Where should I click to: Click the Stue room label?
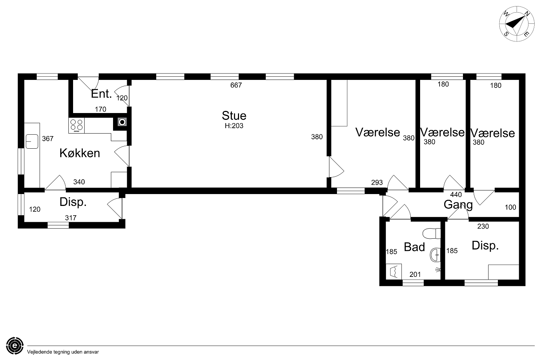point(234,116)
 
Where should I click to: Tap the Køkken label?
point(80,153)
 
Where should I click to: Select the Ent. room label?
point(101,94)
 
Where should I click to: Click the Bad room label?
point(414,247)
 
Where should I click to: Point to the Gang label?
point(458,205)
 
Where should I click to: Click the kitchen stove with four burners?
point(76,125)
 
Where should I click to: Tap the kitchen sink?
point(32,141)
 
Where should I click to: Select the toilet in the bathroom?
point(432,233)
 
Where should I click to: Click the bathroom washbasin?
point(435,255)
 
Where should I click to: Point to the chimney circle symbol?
point(122,122)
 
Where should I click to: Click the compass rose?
point(513,24)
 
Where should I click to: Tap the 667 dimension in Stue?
point(236,85)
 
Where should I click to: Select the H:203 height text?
point(234,126)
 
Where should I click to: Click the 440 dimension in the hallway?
point(456,195)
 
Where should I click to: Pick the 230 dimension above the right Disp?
point(483,226)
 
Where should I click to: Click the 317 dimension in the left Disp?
point(71,218)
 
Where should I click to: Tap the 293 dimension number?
point(377,183)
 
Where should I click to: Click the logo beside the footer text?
point(15,346)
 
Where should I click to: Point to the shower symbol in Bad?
point(438,270)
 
